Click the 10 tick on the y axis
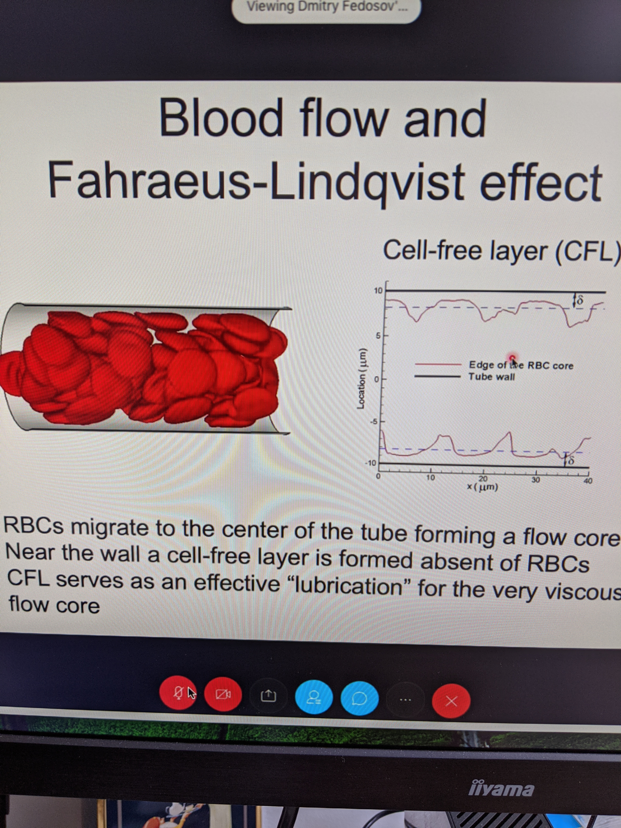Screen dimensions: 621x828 (378, 290)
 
